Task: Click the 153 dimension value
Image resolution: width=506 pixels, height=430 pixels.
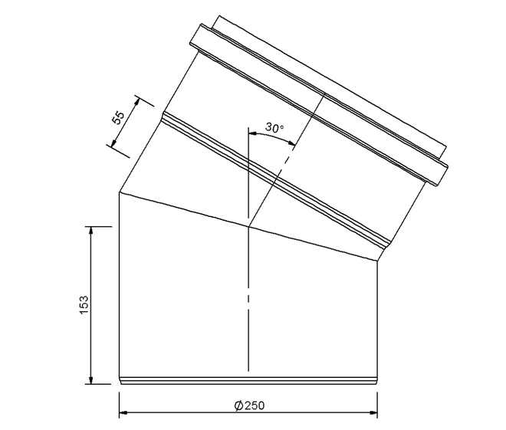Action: pyautogui.click(x=84, y=304)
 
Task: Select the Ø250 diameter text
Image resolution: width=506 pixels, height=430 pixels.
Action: pyautogui.click(x=249, y=405)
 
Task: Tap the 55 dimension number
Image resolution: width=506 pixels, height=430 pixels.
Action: pyautogui.click(x=118, y=117)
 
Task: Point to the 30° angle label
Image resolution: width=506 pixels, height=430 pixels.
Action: pyautogui.click(x=274, y=128)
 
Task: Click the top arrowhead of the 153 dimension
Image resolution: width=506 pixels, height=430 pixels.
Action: pyautogui.click(x=91, y=230)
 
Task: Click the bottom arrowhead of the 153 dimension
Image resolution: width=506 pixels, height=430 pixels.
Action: pyautogui.click(x=91, y=380)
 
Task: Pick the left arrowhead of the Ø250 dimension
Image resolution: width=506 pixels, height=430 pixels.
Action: pyautogui.click(x=123, y=412)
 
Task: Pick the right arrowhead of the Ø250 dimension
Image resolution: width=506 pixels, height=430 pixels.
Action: pyautogui.click(x=373, y=412)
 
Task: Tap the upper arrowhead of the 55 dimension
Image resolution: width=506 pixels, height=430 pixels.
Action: pyautogui.click(x=137, y=101)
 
